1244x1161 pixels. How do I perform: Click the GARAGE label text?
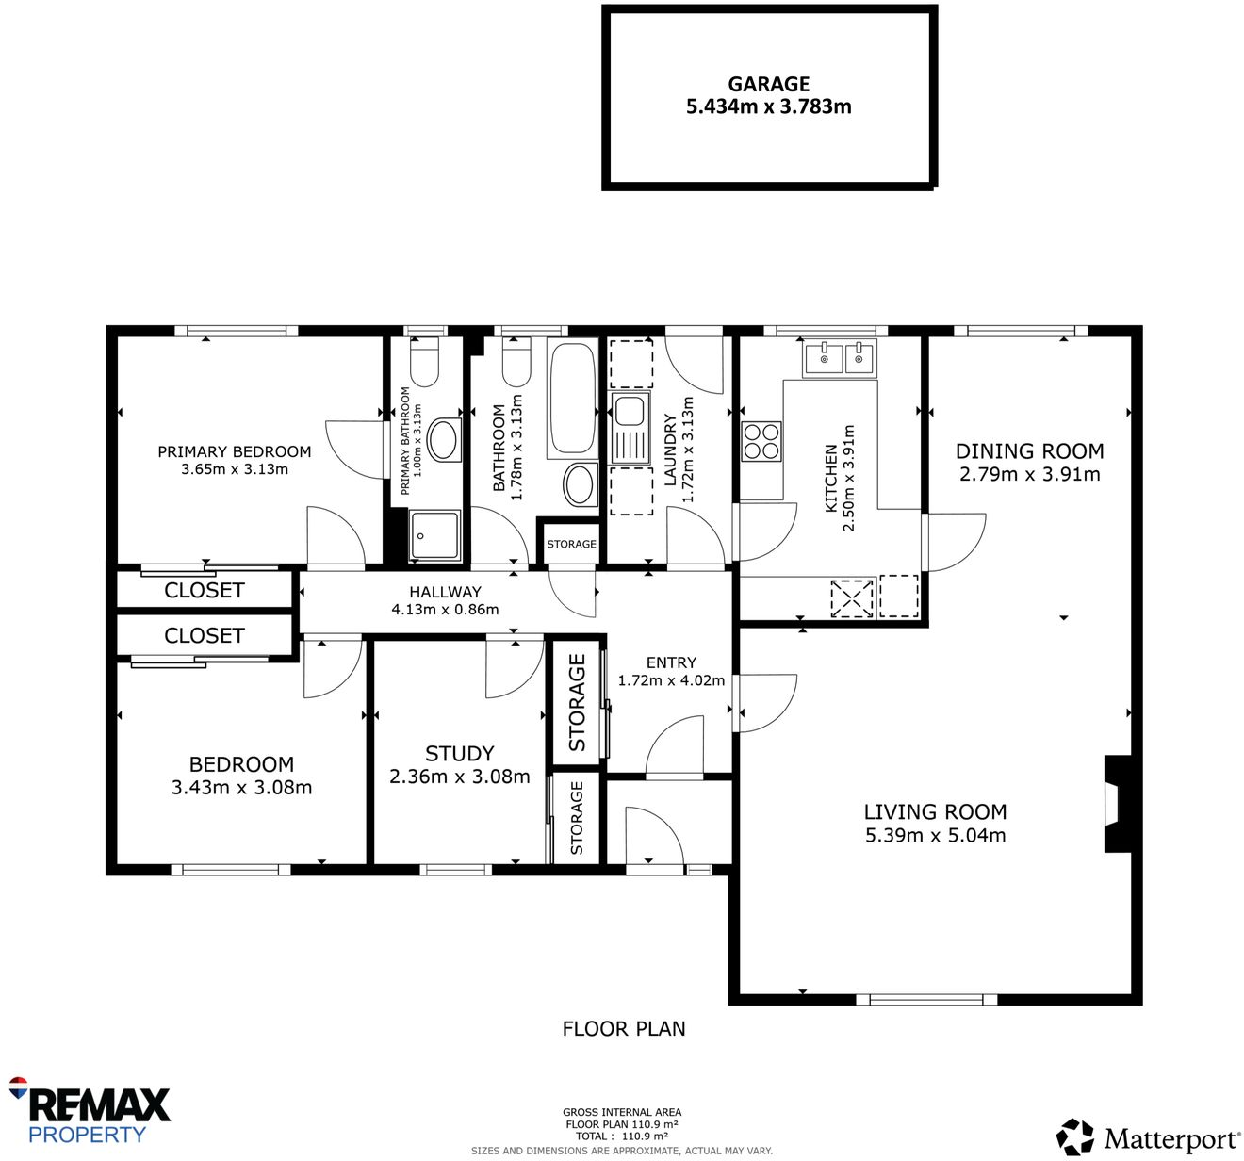click(768, 84)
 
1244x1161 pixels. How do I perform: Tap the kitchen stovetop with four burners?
click(761, 441)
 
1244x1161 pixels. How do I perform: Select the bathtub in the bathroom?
click(572, 398)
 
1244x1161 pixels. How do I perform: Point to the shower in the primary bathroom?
click(434, 535)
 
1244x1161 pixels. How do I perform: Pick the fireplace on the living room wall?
click(1115, 804)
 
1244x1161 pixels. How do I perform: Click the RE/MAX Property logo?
click(90, 1112)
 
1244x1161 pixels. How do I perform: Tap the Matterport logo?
click(1148, 1137)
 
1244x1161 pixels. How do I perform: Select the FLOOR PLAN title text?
click(624, 1029)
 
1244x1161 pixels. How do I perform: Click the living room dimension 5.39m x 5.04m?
click(935, 835)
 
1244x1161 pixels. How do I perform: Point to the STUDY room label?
click(459, 754)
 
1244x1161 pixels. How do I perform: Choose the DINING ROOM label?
click(1029, 451)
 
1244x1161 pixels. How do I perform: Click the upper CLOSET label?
click(204, 591)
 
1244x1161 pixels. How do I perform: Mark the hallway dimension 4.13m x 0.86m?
click(445, 610)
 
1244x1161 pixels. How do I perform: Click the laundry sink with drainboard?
click(630, 430)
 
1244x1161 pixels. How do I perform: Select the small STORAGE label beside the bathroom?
click(571, 544)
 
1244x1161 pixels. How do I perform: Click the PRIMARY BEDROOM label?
click(234, 451)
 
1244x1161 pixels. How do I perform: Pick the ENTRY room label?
click(671, 662)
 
